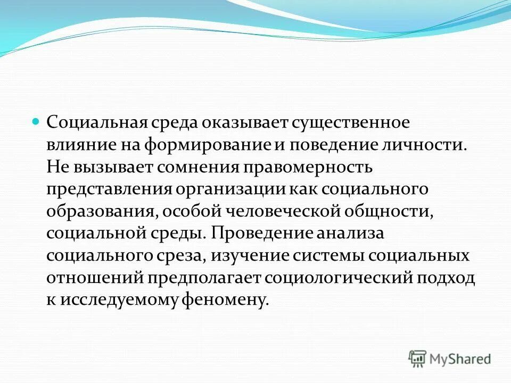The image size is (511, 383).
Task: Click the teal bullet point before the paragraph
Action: (37, 122)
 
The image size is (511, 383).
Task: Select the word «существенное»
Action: (350, 122)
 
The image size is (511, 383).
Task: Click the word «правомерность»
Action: (308, 168)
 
